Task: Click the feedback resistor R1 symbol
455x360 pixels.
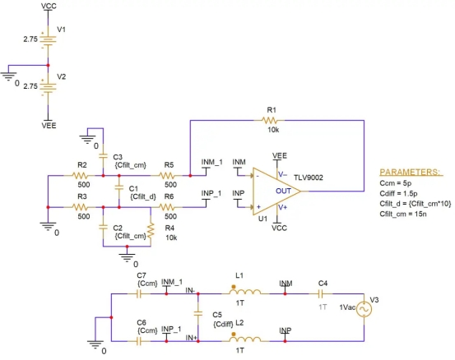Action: pos(269,120)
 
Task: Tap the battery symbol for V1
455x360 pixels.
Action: pos(49,39)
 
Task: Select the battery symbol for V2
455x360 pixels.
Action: pos(49,86)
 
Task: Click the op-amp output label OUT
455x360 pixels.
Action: pos(283,191)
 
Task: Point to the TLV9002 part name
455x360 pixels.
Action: pos(309,178)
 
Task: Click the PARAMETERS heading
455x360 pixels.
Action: pos(410,172)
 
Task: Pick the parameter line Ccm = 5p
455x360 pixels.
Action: pos(395,183)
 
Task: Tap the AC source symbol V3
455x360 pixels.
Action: pos(364,309)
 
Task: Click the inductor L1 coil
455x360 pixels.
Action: pos(245,292)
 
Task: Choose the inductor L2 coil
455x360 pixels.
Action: pos(245,339)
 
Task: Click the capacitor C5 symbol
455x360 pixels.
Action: pos(198,313)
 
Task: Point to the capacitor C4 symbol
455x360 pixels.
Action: pos(320,294)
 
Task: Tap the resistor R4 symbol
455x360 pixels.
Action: pos(151,231)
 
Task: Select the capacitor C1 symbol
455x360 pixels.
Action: pos(119,187)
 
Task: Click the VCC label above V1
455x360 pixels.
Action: pos(49,6)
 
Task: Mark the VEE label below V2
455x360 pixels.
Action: pos(49,126)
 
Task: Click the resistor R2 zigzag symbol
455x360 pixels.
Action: pos(80,175)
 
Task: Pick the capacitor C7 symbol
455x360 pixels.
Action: pos(139,294)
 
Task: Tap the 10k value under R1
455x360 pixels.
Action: pos(273,130)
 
